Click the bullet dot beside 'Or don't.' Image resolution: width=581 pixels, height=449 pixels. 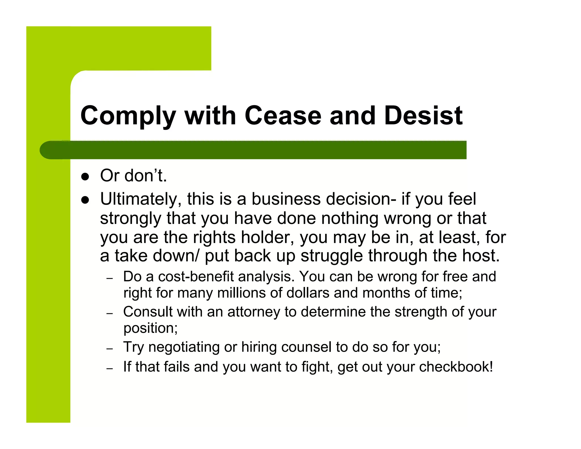click(85, 177)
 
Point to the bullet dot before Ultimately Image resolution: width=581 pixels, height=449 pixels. click(85, 200)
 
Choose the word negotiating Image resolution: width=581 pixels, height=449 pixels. click(184, 347)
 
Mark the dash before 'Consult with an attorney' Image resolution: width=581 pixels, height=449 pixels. click(110, 313)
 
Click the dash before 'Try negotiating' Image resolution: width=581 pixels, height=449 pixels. click(110, 349)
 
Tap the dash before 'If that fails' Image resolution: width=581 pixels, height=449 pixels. click(110, 368)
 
